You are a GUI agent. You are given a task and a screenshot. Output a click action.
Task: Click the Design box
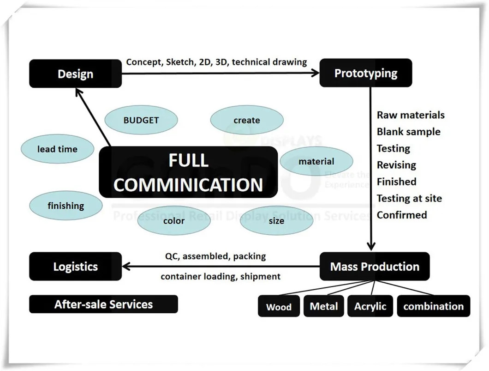tap(76, 74)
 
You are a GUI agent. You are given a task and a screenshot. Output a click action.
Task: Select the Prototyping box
tap(365, 73)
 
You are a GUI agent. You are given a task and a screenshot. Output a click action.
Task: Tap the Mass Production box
tap(375, 267)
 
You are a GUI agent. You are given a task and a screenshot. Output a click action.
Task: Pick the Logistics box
tap(76, 267)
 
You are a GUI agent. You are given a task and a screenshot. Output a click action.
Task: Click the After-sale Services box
tap(103, 304)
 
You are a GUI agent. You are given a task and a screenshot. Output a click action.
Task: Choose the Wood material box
tap(279, 307)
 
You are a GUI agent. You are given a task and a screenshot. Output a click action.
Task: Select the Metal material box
tap(323, 306)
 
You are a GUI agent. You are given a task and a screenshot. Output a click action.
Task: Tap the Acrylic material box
tap(370, 306)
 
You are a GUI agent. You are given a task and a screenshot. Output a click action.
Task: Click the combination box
tap(433, 306)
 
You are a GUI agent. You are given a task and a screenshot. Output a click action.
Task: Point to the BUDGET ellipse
tap(141, 120)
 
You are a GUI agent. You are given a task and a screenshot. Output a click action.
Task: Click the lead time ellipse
tap(57, 149)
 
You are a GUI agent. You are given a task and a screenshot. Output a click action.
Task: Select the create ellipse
tap(247, 120)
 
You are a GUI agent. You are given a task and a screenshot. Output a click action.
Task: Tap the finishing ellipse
tap(66, 206)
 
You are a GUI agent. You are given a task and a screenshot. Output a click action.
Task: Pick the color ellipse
tap(174, 220)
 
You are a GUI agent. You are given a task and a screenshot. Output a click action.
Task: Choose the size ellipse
tap(276, 220)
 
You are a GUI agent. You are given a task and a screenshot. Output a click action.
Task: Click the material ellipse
tap(316, 161)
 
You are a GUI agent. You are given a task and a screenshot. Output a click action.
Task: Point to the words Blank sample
tap(408, 132)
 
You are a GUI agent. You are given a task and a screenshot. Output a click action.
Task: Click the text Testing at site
tap(409, 198)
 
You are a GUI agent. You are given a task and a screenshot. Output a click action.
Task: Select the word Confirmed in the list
tap(402, 215)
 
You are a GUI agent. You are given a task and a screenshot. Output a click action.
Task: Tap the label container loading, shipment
tap(221, 276)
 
